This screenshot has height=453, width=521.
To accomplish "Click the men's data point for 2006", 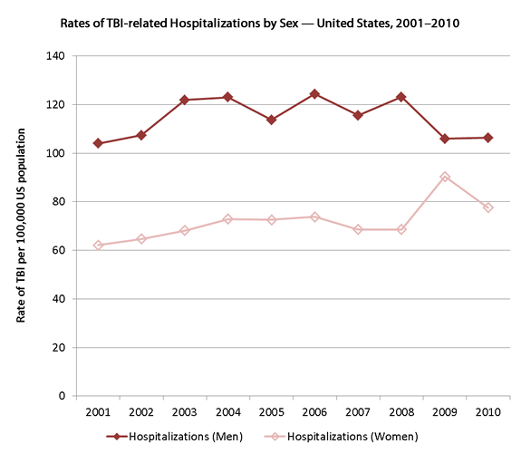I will coord(314,94).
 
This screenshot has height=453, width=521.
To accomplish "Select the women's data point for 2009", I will coord(445,177).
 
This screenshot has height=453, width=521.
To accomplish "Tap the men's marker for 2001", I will coord(98,143).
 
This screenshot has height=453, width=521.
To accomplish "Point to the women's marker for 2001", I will coord(98,246).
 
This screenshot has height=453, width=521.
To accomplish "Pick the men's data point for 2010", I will coord(488,138).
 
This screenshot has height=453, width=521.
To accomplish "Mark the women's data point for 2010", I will coord(488,207).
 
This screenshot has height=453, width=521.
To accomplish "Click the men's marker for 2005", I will coord(271,120).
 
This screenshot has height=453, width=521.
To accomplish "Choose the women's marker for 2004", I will coord(227,219).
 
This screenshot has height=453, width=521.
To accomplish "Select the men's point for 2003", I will coord(184,100).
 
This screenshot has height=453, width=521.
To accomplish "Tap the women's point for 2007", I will coord(358,229).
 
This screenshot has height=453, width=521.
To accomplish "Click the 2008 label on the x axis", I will coord(401,412).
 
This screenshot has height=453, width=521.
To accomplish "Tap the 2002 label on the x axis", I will coord(140,412).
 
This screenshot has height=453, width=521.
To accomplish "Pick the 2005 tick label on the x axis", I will coord(271,412).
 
